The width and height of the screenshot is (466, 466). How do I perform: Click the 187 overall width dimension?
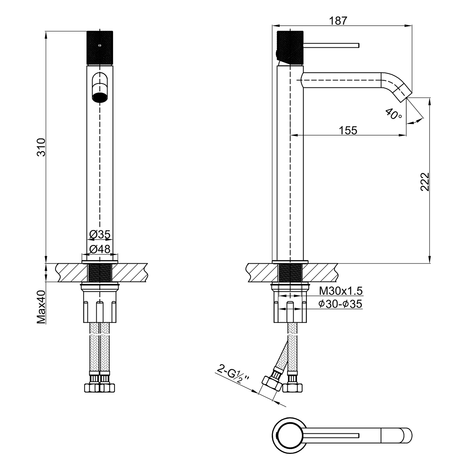point(338,21)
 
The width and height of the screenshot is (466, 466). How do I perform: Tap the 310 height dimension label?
point(41,147)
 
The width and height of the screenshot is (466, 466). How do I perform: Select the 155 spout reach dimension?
point(348,130)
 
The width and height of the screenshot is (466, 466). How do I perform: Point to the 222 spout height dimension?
point(425,182)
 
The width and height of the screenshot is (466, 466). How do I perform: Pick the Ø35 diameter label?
point(100,234)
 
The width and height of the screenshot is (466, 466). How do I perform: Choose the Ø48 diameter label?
point(100,249)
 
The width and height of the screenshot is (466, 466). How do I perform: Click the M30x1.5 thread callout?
point(341,291)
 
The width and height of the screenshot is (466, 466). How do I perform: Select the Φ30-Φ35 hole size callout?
point(341,304)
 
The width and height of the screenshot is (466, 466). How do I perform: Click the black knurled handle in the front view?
point(100,48)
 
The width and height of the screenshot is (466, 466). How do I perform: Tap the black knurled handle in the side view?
point(290,48)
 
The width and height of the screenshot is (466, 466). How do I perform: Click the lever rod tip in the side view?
point(359,45)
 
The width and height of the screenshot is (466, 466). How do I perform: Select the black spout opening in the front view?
point(100,97)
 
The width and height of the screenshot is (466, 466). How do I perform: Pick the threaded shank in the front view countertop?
point(100,273)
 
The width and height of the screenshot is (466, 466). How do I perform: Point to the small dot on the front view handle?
point(100,45)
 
